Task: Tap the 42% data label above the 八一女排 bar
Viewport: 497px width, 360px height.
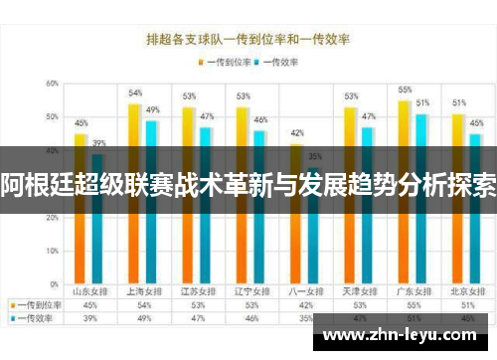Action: click(296, 132)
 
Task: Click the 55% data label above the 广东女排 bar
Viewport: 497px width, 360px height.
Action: click(405, 90)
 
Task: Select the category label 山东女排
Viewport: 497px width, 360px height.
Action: click(89, 291)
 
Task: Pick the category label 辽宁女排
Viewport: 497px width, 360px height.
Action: click(250, 291)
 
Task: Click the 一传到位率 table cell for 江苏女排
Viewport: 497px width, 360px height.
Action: click(197, 305)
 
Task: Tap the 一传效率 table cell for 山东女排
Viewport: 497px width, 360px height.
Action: click(89, 318)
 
